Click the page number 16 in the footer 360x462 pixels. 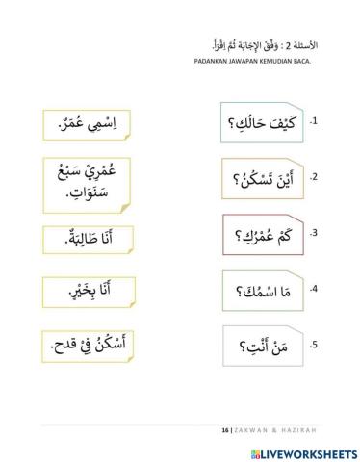pyautogui.click(x=224, y=429)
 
